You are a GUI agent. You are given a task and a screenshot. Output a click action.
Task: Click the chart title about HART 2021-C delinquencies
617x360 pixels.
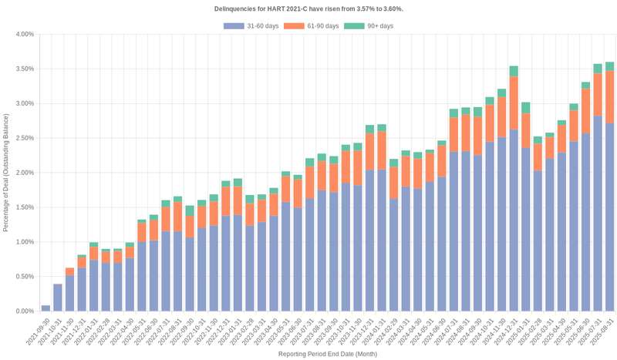click(x=308, y=8)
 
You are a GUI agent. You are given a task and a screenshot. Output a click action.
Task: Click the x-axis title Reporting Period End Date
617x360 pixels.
click(x=328, y=354)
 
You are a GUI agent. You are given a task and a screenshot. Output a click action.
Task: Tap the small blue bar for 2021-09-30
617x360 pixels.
click(x=46, y=308)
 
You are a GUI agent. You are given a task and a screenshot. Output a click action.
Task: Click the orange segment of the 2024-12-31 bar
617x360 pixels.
click(x=514, y=103)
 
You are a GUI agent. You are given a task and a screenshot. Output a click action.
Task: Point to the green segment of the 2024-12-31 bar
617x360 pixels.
click(x=514, y=72)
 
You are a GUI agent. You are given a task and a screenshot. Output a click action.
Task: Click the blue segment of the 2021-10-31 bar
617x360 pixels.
click(x=58, y=298)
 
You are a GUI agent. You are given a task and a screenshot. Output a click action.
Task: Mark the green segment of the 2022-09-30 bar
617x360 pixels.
click(x=190, y=210)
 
